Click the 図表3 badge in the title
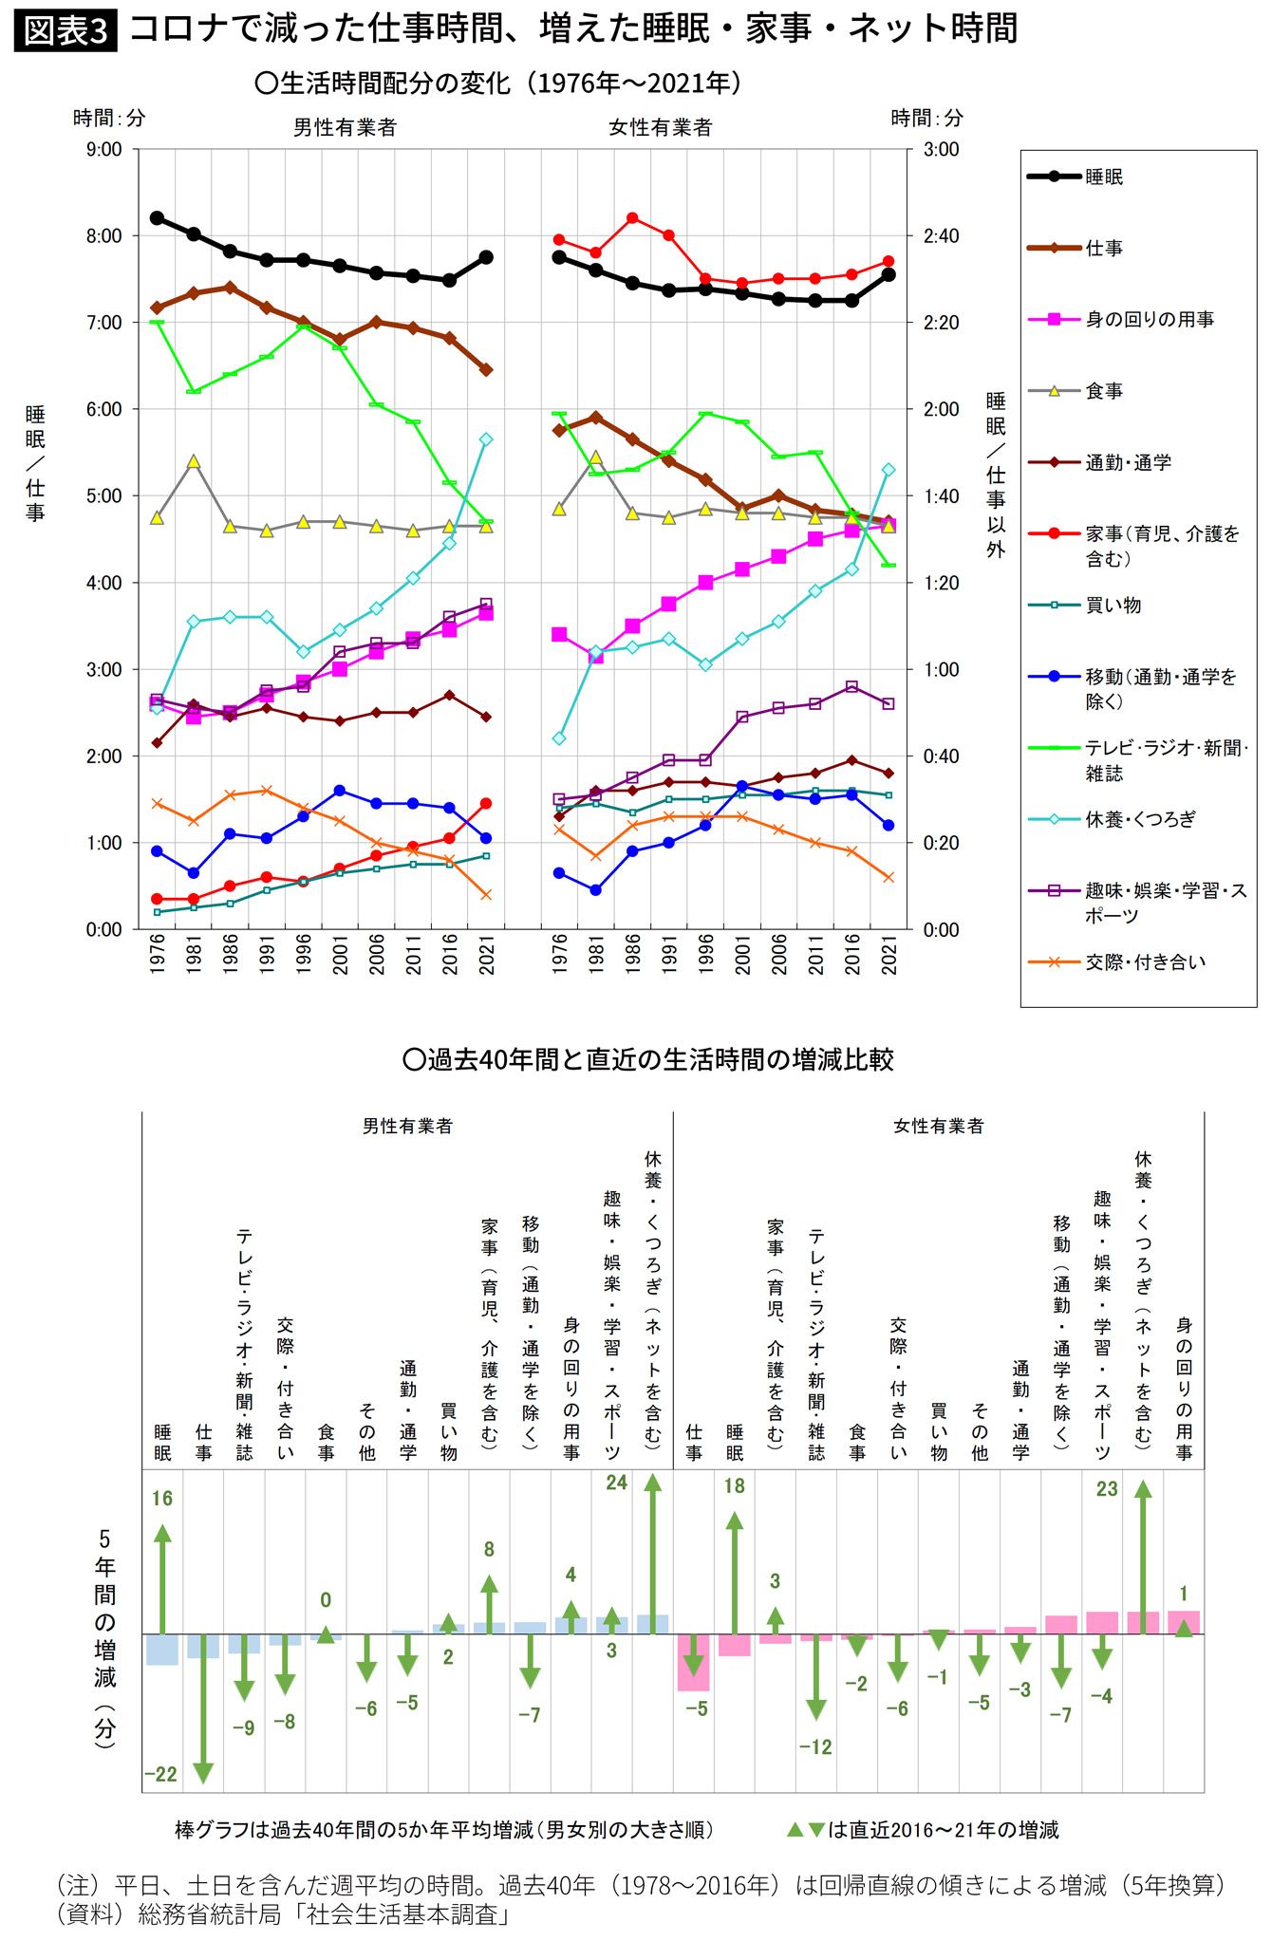click(x=65, y=30)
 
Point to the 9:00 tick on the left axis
click(x=104, y=149)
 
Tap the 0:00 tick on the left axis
click(x=104, y=930)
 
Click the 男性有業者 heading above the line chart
click(x=345, y=127)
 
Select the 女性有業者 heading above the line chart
click(x=661, y=127)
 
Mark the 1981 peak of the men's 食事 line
click(x=194, y=461)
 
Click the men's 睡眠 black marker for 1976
click(x=158, y=217)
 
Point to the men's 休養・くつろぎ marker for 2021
click(x=486, y=439)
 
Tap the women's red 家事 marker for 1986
click(x=632, y=218)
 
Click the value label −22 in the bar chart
click(x=160, y=1775)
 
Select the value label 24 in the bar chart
click(x=617, y=1483)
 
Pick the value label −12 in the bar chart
click(x=815, y=1747)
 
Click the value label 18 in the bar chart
click(x=735, y=1485)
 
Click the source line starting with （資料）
click(x=285, y=1914)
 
